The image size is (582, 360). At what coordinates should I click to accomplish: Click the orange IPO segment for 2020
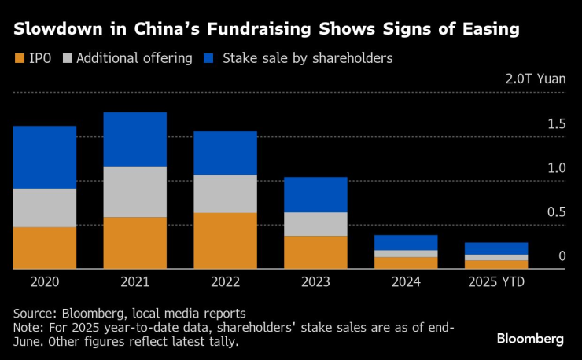click(x=44, y=248)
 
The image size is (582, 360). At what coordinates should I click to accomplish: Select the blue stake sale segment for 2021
click(x=134, y=139)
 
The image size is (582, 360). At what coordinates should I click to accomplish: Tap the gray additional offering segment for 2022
click(x=225, y=193)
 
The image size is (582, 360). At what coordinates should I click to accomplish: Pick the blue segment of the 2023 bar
click(x=315, y=194)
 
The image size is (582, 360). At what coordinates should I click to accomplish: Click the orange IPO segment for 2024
click(x=406, y=263)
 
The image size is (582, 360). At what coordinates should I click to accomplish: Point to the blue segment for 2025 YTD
click(x=496, y=248)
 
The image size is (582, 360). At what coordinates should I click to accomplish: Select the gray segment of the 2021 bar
click(x=134, y=191)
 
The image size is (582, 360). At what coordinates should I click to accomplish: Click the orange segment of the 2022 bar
click(x=225, y=241)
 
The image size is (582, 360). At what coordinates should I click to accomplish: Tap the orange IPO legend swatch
click(x=19, y=58)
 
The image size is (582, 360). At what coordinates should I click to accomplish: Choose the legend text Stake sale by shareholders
click(x=308, y=58)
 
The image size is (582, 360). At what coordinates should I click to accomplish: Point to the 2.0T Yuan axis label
click(x=536, y=79)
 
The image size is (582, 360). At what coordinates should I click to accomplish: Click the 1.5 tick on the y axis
click(x=557, y=124)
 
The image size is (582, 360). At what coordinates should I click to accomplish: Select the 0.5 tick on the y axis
click(x=557, y=212)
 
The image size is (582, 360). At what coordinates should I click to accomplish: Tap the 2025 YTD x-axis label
click(x=496, y=281)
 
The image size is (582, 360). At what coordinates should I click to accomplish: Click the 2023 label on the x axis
click(x=315, y=281)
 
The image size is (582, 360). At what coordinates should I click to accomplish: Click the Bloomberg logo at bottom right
click(x=530, y=338)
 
